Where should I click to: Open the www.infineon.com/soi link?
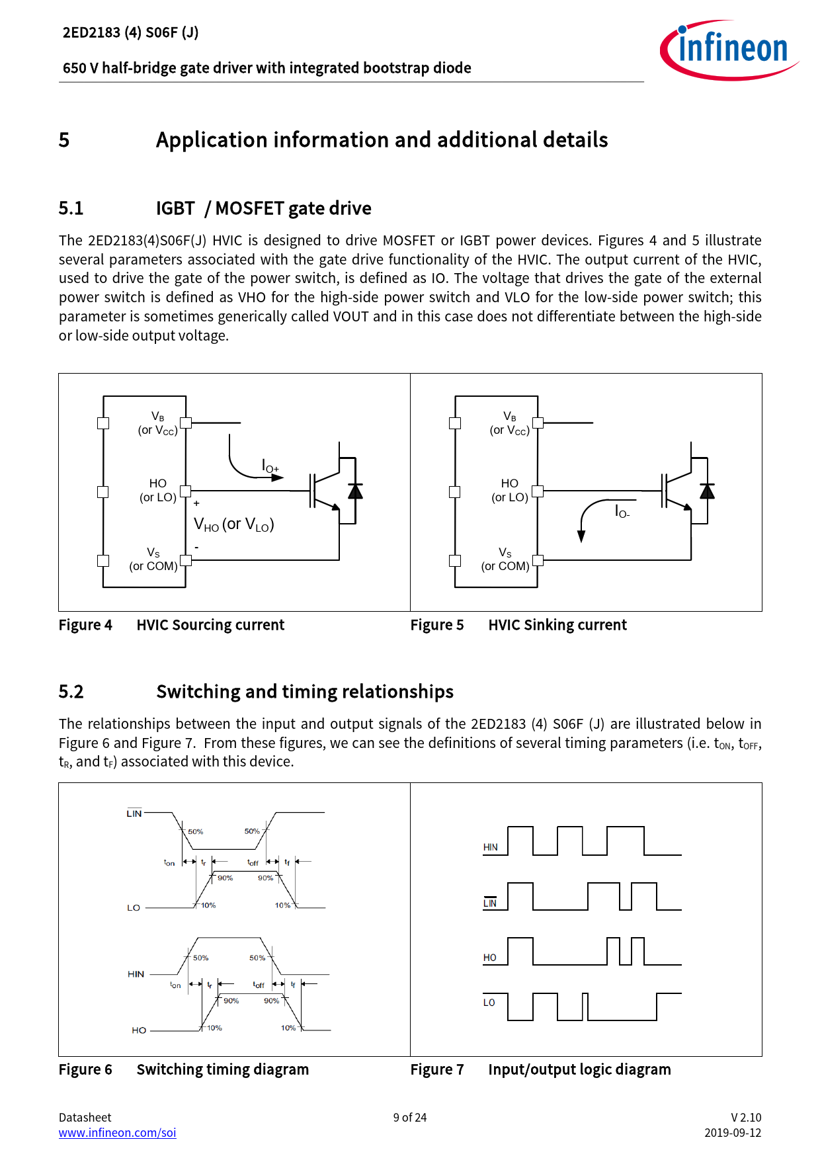[x=117, y=1132]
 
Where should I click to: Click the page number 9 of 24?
[x=409, y=1117]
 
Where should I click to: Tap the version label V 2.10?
[x=745, y=1117]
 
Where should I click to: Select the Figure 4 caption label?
[x=85, y=625]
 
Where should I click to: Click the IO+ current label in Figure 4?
[x=270, y=466]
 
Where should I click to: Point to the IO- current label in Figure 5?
[x=622, y=511]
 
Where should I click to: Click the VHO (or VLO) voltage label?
[x=233, y=524]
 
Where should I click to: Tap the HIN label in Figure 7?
[x=490, y=847]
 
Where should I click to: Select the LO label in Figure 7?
[x=489, y=1003]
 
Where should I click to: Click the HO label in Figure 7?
[x=489, y=958]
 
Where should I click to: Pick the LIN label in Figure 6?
[x=134, y=813]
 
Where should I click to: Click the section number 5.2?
[x=71, y=692]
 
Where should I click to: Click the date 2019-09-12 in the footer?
[x=732, y=1132]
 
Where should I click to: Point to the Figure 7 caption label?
[x=437, y=1069]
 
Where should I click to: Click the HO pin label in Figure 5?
[x=509, y=483]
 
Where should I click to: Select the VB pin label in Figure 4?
[x=157, y=417]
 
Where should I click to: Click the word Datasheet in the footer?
[x=85, y=1117]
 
